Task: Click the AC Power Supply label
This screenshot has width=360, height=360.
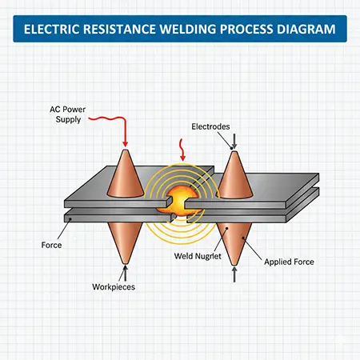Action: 62,114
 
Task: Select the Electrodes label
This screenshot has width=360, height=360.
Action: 211,126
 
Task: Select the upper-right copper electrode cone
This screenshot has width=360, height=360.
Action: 234,177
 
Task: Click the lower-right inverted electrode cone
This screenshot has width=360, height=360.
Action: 234,240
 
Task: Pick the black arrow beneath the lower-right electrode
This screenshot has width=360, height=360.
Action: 234,275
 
